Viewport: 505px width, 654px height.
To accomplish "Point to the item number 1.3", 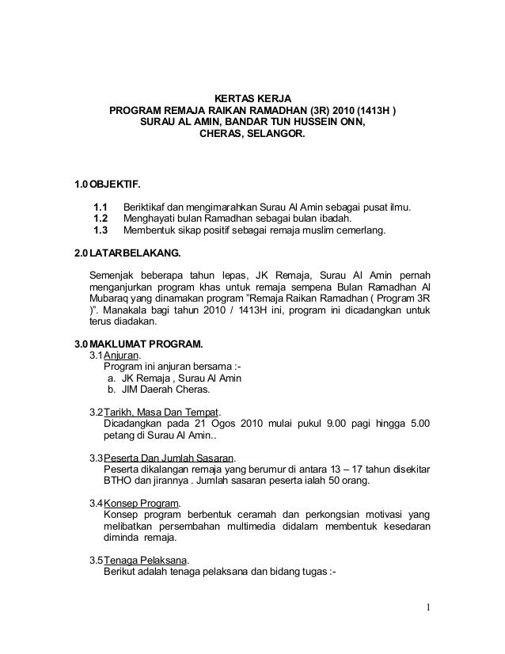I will pos(101,231).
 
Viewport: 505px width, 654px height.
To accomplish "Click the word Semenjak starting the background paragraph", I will pos(111,275).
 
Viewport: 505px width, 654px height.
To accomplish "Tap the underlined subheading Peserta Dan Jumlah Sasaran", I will pos(169,458).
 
